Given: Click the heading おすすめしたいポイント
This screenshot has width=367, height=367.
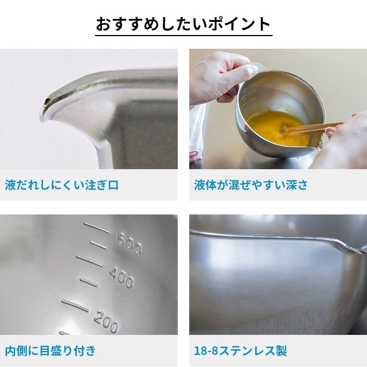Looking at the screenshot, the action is point(183,24).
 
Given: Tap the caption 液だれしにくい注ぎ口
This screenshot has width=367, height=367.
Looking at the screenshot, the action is point(62,185).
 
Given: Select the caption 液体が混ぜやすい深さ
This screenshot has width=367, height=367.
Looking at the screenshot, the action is point(251,185).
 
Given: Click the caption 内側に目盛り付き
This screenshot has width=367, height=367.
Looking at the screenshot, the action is point(50,350).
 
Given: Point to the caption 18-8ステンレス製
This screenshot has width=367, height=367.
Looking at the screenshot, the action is point(240,350).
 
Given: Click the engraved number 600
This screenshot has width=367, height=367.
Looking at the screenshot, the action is point(130,244).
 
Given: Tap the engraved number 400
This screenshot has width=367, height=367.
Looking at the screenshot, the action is point(122,278).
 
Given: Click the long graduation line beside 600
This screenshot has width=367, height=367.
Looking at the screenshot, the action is point(97,228).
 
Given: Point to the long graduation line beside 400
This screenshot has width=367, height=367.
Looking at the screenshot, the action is point(89,261).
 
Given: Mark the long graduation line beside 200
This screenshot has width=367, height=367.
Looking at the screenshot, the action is point(75,306).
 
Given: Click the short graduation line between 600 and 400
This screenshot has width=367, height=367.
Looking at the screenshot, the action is point(99,245).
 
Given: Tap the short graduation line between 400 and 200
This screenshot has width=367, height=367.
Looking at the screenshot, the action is point(88,283).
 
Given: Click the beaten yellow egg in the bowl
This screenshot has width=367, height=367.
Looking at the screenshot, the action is point(276,127).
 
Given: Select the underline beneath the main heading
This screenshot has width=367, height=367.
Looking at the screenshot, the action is point(183,36).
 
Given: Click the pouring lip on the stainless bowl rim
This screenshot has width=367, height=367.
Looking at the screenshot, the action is point(346,246).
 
